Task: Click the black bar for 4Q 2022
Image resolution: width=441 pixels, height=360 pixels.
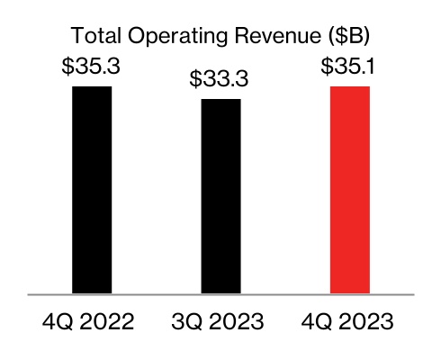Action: (91, 190)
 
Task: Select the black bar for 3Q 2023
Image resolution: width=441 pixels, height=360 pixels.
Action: (220, 196)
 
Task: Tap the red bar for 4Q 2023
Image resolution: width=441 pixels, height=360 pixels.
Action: (350, 190)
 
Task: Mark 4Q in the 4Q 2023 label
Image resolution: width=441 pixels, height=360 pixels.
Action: (314, 322)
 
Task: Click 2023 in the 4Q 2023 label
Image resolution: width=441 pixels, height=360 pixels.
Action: (367, 322)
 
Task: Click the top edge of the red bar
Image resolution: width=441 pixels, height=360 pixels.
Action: (350, 87)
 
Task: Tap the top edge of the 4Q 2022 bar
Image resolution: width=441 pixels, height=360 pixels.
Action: (91, 87)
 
